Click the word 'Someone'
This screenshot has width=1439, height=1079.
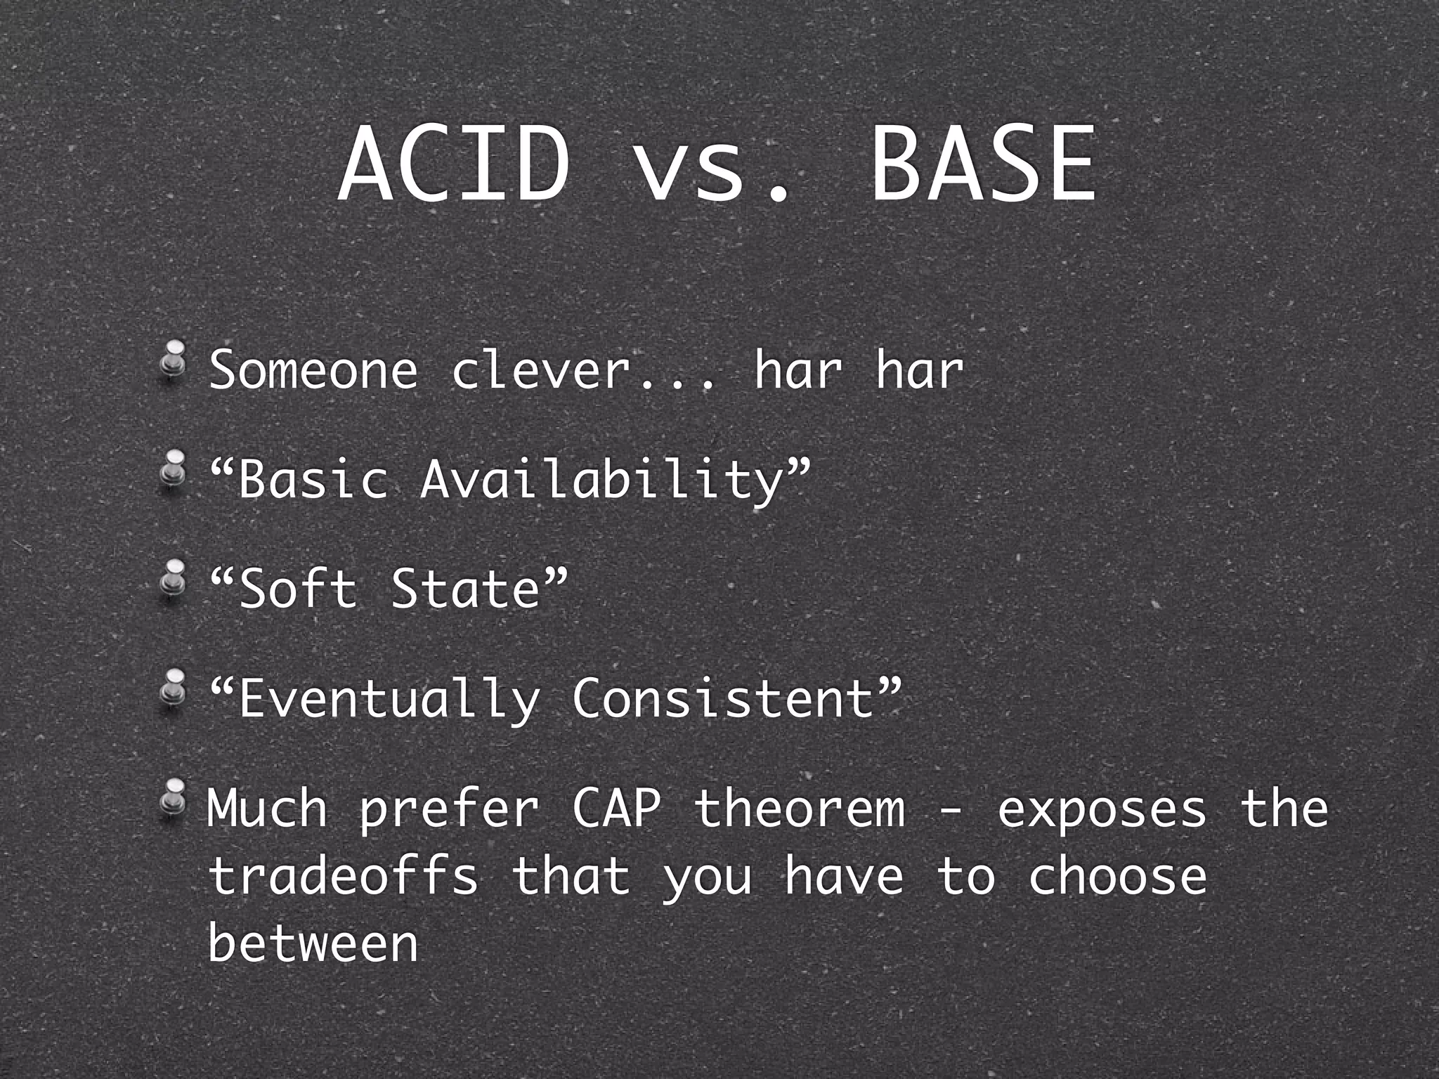click(x=313, y=370)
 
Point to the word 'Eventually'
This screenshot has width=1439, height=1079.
click(x=389, y=700)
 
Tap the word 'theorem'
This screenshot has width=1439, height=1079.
click(x=800, y=809)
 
